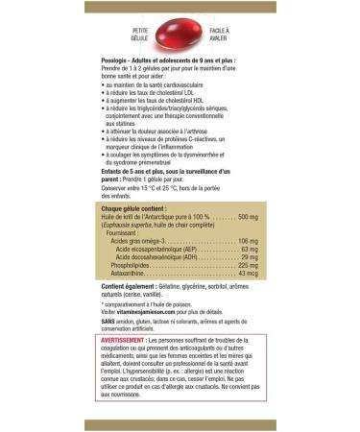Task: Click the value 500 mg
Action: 248,217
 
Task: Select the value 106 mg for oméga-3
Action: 248,240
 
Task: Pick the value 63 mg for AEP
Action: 250,249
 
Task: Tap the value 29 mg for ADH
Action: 250,257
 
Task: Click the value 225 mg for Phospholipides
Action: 248,266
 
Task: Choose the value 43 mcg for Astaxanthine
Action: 247,275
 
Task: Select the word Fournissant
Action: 127,232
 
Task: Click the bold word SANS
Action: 108,320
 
